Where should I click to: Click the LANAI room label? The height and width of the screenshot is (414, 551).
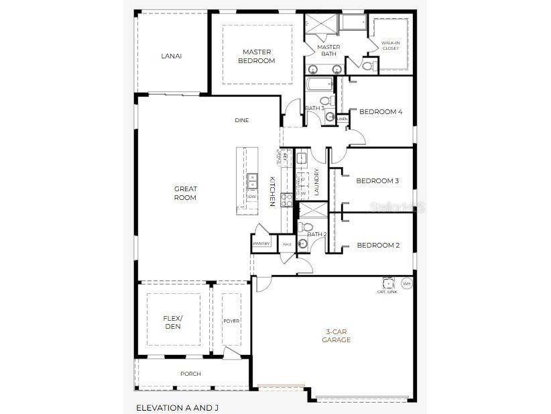(x=171, y=56)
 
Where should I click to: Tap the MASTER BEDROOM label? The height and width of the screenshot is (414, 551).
(x=257, y=56)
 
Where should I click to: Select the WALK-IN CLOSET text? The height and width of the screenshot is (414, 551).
(x=390, y=46)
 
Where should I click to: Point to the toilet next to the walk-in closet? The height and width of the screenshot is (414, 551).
(x=367, y=66)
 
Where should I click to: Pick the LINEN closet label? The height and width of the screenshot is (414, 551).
(x=342, y=119)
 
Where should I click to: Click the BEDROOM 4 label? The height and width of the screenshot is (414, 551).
(x=380, y=112)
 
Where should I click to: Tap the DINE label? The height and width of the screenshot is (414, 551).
(x=241, y=121)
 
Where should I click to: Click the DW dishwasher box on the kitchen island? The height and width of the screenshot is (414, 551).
(x=252, y=197)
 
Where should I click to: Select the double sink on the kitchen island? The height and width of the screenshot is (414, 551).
(x=252, y=180)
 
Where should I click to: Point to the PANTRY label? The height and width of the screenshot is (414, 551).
(x=261, y=244)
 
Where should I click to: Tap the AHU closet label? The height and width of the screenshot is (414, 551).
(x=287, y=244)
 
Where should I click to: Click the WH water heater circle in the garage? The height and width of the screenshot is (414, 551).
(x=406, y=284)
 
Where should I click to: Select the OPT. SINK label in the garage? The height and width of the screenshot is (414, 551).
(x=388, y=291)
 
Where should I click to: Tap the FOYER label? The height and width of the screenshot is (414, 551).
(x=231, y=321)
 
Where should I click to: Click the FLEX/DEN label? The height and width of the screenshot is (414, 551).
(x=172, y=322)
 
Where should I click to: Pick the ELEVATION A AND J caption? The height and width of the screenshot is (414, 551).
(x=177, y=407)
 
